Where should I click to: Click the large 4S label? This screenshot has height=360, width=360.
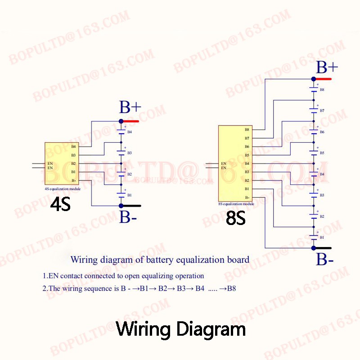pos(60,205)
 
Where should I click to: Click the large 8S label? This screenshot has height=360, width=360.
pos(235,219)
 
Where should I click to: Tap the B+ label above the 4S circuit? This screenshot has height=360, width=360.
pos(130,108)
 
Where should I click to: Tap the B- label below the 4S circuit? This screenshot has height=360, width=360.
pos(128,217)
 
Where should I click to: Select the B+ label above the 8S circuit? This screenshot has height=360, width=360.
pos(327,67)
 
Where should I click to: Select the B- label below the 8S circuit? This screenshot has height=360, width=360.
pos(325,260)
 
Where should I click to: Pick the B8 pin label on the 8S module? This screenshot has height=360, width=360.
pos(247,130)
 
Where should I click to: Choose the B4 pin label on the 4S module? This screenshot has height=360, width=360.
pos(73,147)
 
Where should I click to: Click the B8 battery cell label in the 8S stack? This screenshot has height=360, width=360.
pos(322,90)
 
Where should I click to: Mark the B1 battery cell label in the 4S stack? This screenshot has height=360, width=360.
pos(129,195)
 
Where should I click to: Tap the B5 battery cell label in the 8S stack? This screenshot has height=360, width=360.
pos(322,153)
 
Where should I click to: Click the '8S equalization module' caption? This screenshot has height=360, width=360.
pos(236,204)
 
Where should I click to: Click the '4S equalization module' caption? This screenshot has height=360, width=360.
pos(63,189)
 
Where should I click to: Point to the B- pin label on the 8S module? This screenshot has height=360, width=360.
pos(247,198)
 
